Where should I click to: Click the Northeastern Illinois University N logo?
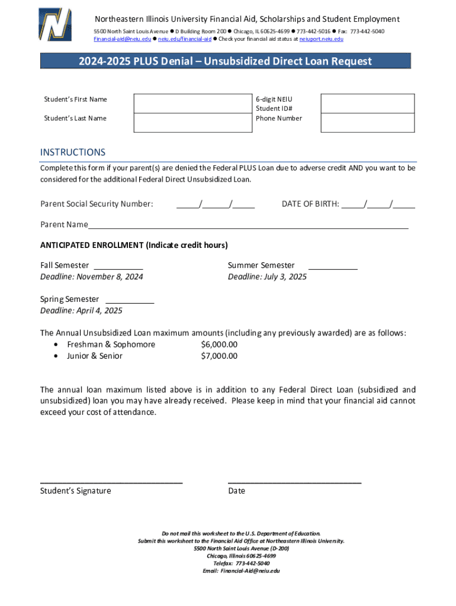pyautogui.click(x=54, y=25)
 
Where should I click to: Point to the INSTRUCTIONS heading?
pyautogui.click(x=73, y=153)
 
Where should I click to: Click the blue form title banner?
pyautogui.click(x=226, y=61)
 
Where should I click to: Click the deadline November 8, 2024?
pyautogui.click(x=92, y=277)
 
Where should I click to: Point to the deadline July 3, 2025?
pyautogui.click(x=267, y=277)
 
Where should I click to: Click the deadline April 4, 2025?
pyautogui.click(x=81, y=311)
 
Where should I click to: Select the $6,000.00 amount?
pyautogui.click(x=219, y=344)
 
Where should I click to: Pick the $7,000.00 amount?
pyautogui.click(x=219, y=356)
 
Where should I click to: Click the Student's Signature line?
pyautogui.click(x=111, y=482)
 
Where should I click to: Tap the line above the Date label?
pyautogui.click(x=294, y=482)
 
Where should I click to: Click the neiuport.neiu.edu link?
pyautogui.click(x=321, y=39)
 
